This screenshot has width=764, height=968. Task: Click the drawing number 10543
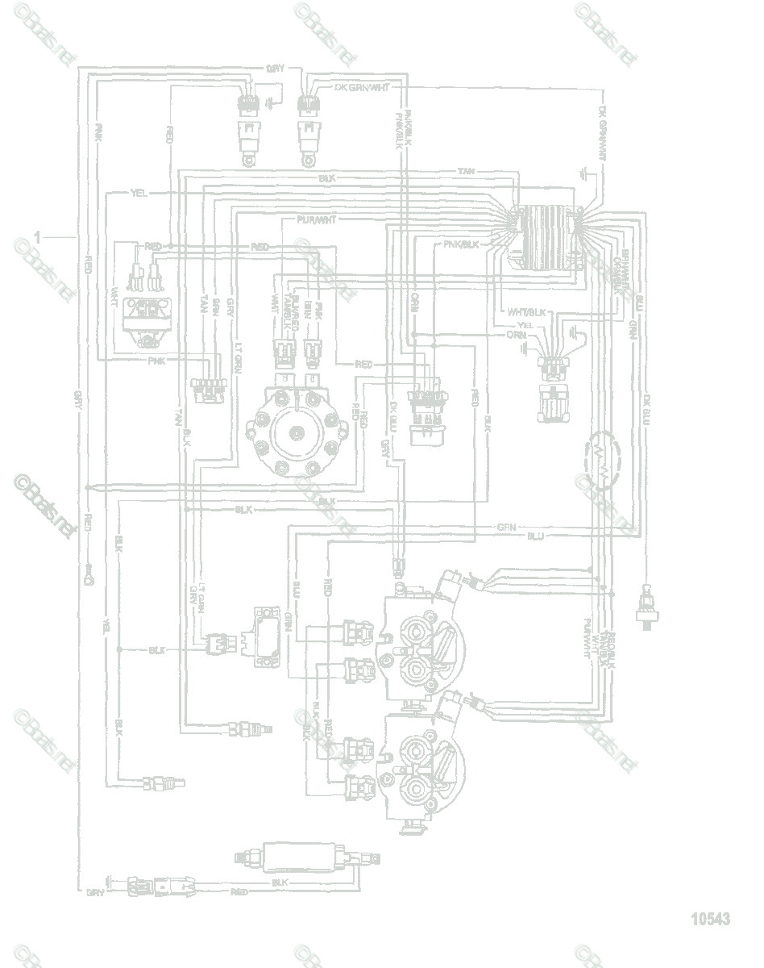click(709, 919)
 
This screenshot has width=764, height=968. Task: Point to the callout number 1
click(37, 236)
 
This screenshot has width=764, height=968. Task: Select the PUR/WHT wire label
click(316, 219)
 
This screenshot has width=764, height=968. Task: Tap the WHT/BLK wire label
click(525, 312)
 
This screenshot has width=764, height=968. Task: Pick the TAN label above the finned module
click(466, 171)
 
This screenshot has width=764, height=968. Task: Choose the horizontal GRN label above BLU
click(506, 527)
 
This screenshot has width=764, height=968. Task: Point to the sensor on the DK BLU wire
click(646, 607)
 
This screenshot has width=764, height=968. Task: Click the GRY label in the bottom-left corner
click(95, 893)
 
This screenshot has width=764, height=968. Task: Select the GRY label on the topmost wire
click(274, 69)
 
